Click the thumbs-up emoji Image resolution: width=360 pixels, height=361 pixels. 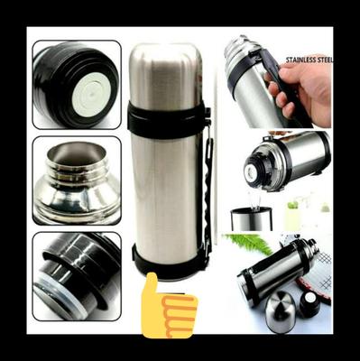tap(168, 307)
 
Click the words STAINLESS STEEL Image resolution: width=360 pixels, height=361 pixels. tap(309, 60)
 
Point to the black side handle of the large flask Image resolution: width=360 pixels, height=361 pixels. tap(208, 190)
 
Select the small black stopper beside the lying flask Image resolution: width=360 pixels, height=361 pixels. tap(309, 304)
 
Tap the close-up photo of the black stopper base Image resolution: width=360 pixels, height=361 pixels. tap(76, 275)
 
